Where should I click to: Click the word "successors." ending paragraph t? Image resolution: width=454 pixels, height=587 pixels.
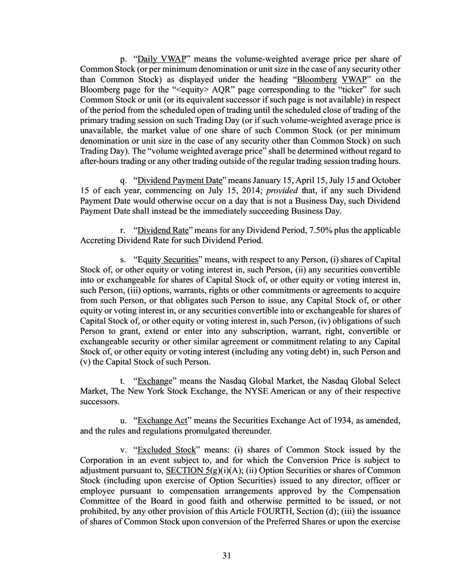99,402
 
